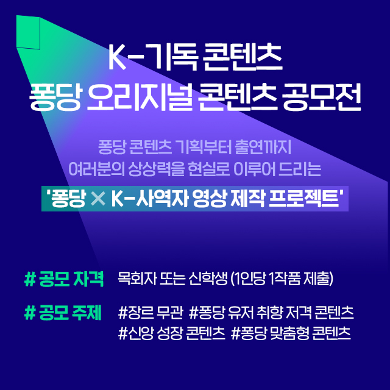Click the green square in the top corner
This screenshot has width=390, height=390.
click(28, 32)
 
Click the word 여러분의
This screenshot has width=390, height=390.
click(96, 169)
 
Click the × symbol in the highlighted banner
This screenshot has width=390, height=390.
click(98, 199)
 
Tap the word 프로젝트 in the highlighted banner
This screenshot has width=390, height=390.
click(305, 199)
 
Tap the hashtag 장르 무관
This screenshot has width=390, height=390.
click(151, 313)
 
